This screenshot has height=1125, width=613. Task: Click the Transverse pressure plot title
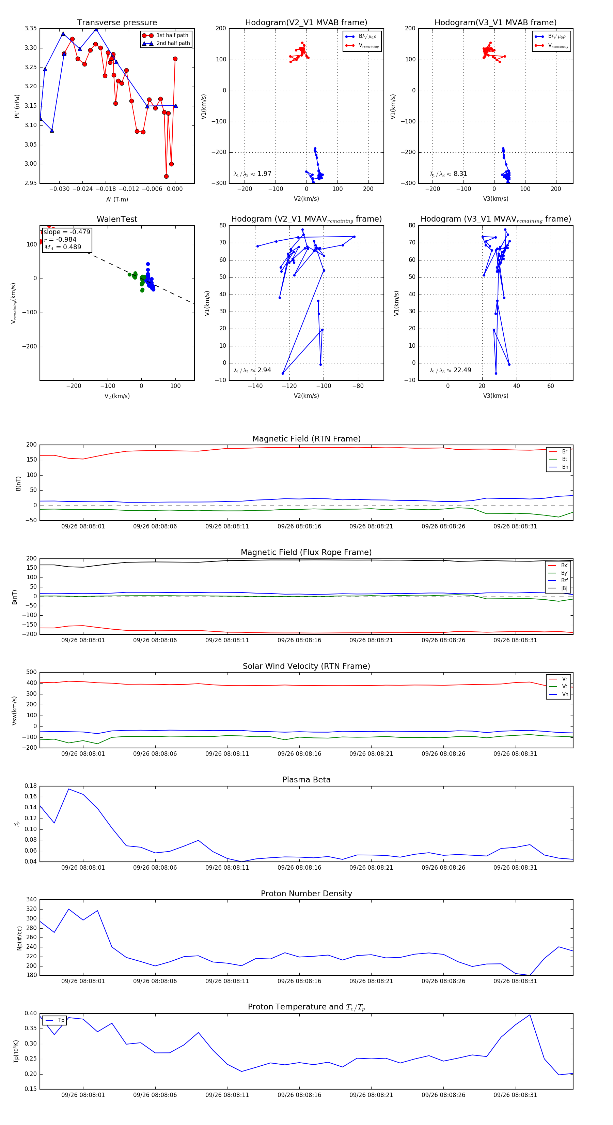pyautogui.click(x=117, y=23)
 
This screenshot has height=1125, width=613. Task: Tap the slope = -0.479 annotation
pyautogui.click(x=67, y=232)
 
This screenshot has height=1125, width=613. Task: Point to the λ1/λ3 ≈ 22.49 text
pyautogui.click(x=450, y=370)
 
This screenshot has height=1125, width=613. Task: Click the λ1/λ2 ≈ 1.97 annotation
pyautogui.click(x=252, y=174)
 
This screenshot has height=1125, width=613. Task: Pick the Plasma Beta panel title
pyautogui.click(x=306, y=780)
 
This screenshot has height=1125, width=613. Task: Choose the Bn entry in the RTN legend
pyautogui.click(x=565, y=467)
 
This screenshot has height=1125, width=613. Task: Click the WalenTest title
pyautogui.click(x=117, y=219)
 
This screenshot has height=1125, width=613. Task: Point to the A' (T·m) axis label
pyautogui.click(x=117, y=199)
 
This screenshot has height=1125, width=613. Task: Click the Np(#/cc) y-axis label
pyautogui.click(x=19, y=937)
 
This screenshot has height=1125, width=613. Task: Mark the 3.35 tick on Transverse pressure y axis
pyautogui.click(x=31, y=28)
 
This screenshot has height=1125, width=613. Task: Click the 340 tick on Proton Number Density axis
pyautogui.click(x=31, y=899)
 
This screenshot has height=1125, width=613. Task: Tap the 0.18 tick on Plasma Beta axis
pyautogui.click(x=31, y=786)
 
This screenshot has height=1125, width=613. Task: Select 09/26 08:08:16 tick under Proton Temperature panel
pyautogui.click(x=299, y=1095)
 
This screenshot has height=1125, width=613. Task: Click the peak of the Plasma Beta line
pyautogui.click(x=68, y=789)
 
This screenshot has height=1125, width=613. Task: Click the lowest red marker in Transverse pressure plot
pyautogui.click(x=166, y=177)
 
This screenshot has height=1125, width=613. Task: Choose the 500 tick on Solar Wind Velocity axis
pyautogui.click(x=31, y=672)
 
